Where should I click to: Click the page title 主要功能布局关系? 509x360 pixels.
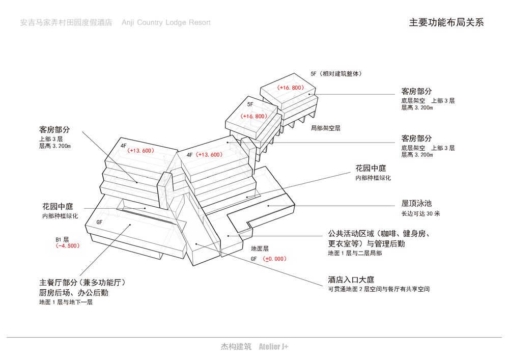pos(446,23)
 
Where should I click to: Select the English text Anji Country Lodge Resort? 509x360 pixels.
pos(166,23)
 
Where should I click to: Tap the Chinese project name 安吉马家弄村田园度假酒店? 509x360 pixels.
pos(66,23)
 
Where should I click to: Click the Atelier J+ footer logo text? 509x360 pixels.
pos(273,347)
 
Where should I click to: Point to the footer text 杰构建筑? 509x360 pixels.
pos(236,347)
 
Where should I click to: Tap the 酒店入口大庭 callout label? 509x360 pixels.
pos(351,280)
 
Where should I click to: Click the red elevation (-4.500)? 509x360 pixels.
pos(68,245)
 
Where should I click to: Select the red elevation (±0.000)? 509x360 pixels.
pos(275,259)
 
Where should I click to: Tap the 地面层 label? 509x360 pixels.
pos(260,249)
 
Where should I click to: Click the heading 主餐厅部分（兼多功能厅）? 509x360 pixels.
pos(82,283)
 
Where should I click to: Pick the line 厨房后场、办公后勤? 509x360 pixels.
pos(74,293)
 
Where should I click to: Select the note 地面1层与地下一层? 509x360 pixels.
pos(66,302)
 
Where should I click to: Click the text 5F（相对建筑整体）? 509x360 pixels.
pos(336,74)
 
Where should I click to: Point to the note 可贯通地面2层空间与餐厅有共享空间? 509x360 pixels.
pos(379,289)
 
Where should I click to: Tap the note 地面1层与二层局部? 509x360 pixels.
pos(355,253)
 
